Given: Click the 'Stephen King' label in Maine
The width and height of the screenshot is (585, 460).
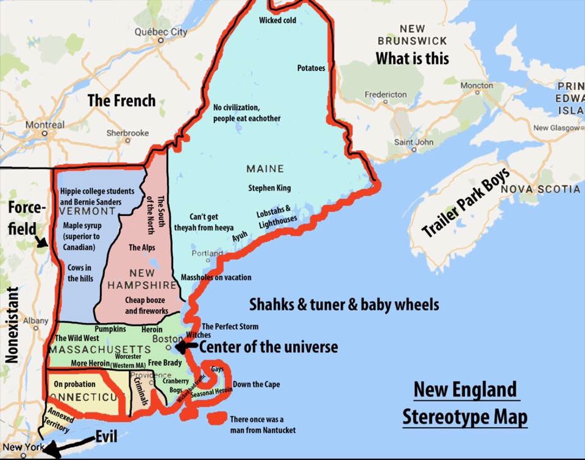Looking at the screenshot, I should click(269, 188).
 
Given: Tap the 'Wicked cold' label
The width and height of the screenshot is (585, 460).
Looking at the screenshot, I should click(277, 21).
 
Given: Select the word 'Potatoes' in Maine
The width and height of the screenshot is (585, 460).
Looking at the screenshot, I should click(311, 68).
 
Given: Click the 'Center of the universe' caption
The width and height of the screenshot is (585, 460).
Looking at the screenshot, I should click(268, 347).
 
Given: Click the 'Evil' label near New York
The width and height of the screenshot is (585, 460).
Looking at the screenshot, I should click(106, 436).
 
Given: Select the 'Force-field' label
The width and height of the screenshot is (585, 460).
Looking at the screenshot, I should click(27, 215).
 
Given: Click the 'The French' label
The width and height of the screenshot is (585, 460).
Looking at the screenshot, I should click(121, 100).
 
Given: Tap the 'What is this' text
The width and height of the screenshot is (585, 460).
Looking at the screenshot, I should click(412, 58).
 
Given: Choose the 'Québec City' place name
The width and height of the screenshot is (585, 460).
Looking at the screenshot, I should click(161, 32).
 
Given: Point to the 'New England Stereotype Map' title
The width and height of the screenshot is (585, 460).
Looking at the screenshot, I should click(464, 403).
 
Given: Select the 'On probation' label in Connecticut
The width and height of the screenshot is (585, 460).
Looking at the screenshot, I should click(74, 384).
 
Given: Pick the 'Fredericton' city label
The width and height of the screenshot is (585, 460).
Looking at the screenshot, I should click(386, 94).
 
